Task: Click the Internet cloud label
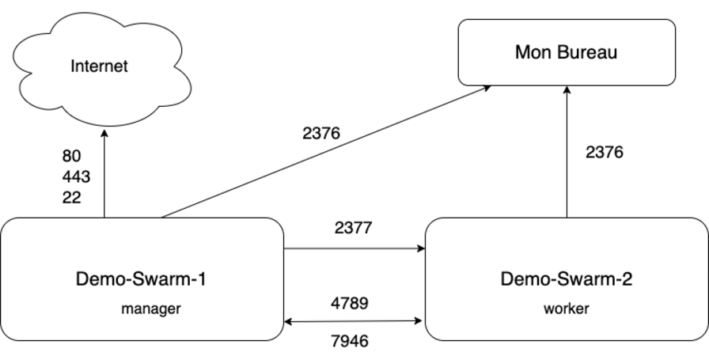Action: pyautogui.click(x=99, y=66)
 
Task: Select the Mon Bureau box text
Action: pyautogui.click(x=566, y=53)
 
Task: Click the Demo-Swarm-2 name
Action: pyautogui.click(x=567, y=279)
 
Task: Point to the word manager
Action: pyautogui.click(x=150, y=309)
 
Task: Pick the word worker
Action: pyautogui.click(x=566, y=309)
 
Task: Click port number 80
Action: pyautogui.click(x=71, y=157)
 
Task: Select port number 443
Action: pyautogui.click(x=76, y=176)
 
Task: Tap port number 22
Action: pyautogui.click(x=71, y=197)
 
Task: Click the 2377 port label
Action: pyautogui.click(x=353, y=228)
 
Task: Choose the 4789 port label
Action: pyautogui.click(x=350, y=303)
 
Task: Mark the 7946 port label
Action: pyautogui.click(x=350, y=342)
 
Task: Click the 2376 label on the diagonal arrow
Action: pyautogui.click(x=321, y=133)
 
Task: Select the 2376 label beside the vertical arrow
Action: pyautogui.click(x=604, y=153)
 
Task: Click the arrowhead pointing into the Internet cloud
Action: pyautogui.click(x=104, y=131)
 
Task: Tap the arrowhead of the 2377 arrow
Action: pyautogui.click(x=421, y=248)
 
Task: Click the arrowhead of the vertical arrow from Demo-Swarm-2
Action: pyautogui.click(x=567, y=90)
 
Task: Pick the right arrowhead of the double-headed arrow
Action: pyautogui.click(x=420, y=321)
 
